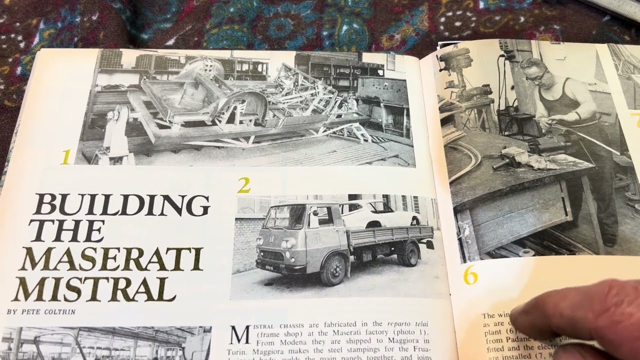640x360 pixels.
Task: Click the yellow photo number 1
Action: point(65,157)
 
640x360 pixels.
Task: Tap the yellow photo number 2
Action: point(243,185)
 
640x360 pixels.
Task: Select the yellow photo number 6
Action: point(470,275)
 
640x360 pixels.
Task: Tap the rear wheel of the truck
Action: point(410,254)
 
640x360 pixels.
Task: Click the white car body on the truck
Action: point(380,212)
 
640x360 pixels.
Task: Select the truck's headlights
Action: point(288,244)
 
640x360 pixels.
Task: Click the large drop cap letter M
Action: point(239,335)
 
